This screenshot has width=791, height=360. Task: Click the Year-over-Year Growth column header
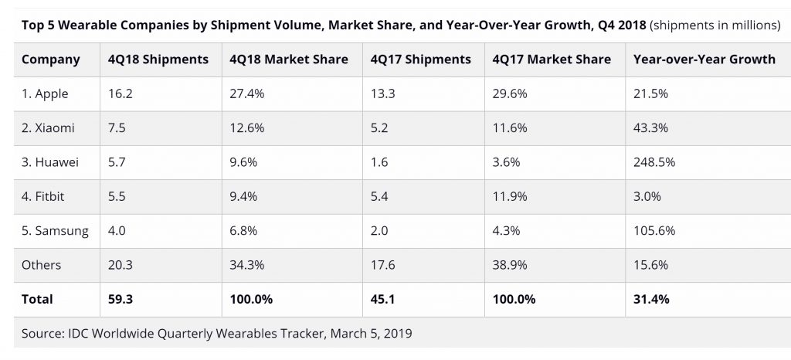point(704,59)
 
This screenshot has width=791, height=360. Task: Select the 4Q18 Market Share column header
point(289,59)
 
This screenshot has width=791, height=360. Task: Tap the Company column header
point(50,59)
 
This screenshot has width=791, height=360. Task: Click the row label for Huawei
point(50,162)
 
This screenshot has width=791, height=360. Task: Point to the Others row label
point(41,265)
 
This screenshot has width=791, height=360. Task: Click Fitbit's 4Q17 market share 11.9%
point(511,196)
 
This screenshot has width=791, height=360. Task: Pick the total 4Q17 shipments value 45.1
point(383,299)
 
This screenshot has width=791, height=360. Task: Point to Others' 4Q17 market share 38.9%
point(511,265)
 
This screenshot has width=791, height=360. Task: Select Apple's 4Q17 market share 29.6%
point(511,93)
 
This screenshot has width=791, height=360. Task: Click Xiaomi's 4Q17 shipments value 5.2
point(379,128)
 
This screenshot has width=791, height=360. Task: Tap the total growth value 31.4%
point(651,299)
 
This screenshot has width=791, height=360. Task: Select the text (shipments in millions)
point(715,25)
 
